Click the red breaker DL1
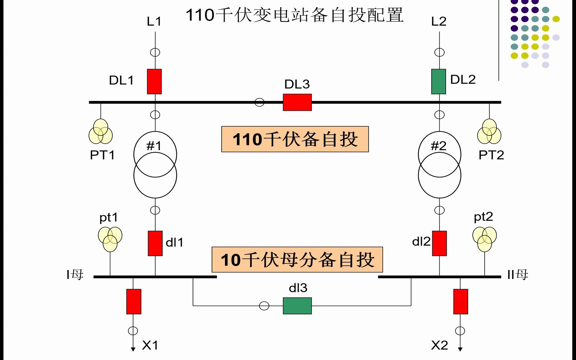click(x=154, y=82)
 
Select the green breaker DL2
click(x=439, y=82)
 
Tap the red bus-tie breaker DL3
click(x=297, y=102)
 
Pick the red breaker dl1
click(x=155, y=243)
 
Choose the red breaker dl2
click(x=439, y=243)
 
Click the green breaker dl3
click(x=297, y=306)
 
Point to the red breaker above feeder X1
click(x=134, y=302)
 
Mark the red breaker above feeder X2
click(x=461, y=302)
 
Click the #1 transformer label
click(x=154, y=146)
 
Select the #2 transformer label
click(x=438, y=146)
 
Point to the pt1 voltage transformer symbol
click(x=110, y=239)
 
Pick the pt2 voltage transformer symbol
click(x=485, y=239)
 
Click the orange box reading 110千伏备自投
click(x=295, y=139)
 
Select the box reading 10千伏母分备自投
click(x=297, y=260)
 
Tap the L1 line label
click(x=154, y=22)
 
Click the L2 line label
click(x=439, y=22)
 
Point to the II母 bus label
click(x=518, y=275)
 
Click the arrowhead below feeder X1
click(x=133, y=349)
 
